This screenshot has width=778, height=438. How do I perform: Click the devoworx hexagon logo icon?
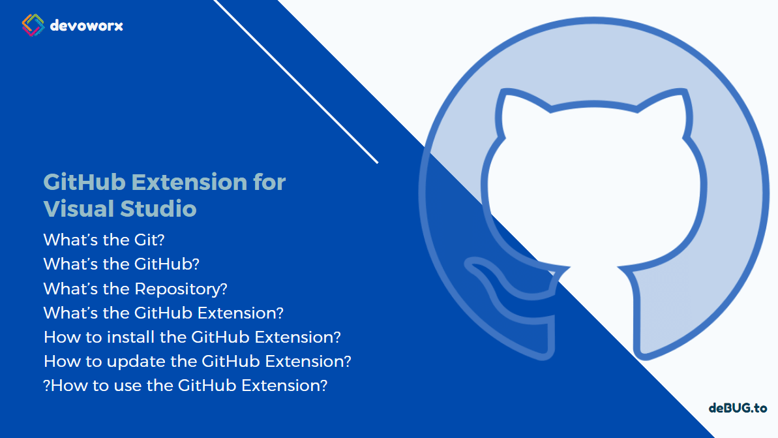pyautogui.click(x=33, y=25)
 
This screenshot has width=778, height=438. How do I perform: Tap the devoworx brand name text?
pyautogui.click(x=86, y=26)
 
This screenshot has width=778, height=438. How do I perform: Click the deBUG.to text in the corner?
pyautogui.click(x=738, y=408)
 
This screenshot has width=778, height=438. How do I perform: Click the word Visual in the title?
pyautogui.click(x=78, y=209)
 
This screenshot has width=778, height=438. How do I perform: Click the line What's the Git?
pyautogui.click(x=104, y=240)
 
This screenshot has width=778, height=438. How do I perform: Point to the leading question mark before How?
pyautogui.click(x=46, y=385)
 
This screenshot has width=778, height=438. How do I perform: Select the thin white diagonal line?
pyautogui.click(x=297, y=82)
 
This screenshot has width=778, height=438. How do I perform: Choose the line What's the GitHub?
pyautogui.click(x=121, y=264)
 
